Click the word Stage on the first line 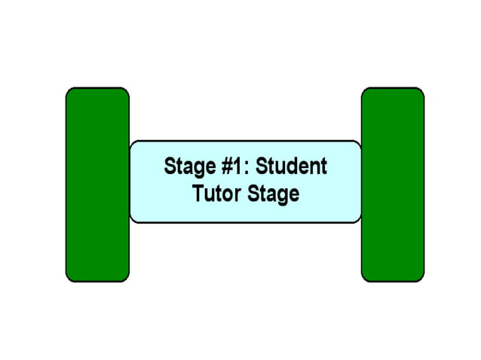click(185, 166)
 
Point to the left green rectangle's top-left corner click(69, 90)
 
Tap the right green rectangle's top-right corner click(421, 90)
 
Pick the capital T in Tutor click(198, 194)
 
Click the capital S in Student click(260, 166)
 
